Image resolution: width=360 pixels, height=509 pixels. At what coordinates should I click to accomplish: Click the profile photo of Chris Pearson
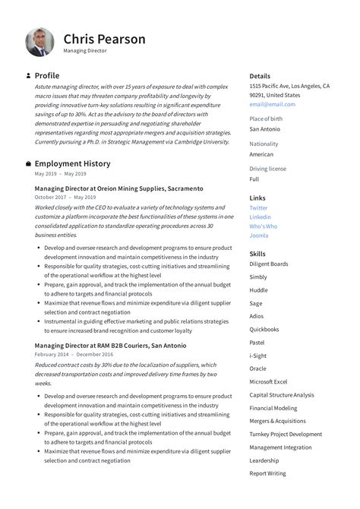click(x=39, y=43)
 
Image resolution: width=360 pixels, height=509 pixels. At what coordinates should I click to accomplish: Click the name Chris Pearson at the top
click(x=104, y=39)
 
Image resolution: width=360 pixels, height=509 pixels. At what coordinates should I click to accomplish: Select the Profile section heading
click(x=46, y=76)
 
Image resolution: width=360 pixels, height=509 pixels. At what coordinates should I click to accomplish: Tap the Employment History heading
click(x=72, y=163)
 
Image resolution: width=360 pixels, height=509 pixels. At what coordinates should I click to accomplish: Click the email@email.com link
click(x=272, y=105)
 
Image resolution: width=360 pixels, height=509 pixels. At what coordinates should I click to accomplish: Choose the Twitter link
click(x=258, y=207)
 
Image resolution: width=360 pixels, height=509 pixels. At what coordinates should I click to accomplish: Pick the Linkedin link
click(x=260, y=217)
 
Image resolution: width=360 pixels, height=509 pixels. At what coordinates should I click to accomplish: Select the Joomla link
click(x=258, y=236)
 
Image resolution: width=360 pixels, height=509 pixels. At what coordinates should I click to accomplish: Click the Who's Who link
click(x=263, y=226)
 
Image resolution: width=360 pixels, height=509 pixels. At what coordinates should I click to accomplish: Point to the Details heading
click(x=260, y=76)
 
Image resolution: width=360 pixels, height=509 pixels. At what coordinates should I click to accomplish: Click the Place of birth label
click(x=266, y=119)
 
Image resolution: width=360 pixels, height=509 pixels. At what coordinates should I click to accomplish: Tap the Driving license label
click(x=267, y=169)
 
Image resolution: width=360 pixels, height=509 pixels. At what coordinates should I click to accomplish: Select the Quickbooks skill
click(x=264, y=330)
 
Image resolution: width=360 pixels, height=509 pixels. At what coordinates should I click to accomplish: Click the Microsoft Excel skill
click(x=268, y=381)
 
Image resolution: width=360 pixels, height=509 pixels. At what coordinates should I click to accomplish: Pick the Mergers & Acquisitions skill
click(x=277, y=421)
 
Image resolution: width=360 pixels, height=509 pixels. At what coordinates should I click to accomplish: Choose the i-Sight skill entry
click(x=258, y=356)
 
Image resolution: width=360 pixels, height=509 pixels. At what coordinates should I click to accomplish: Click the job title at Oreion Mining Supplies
click(x=118, y=188)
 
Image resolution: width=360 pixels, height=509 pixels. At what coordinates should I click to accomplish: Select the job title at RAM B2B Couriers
click(x=110, y=345)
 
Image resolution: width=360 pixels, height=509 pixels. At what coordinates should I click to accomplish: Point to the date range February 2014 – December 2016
click(x=74, y=354)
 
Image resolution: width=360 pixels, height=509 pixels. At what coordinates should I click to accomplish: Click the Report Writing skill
click(x=267, y=473)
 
